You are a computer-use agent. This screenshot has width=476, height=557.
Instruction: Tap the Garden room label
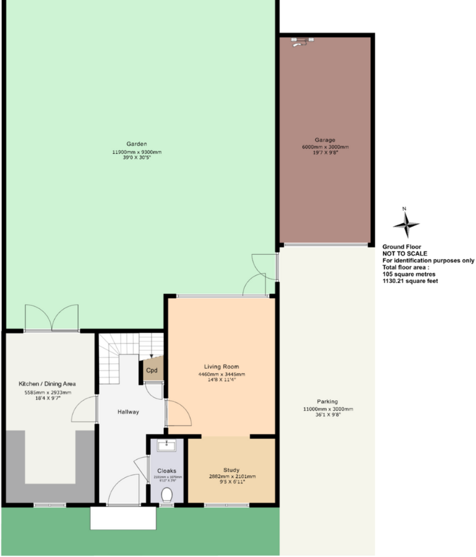[136, 144]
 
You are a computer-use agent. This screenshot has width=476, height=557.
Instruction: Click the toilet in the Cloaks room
[166, 495]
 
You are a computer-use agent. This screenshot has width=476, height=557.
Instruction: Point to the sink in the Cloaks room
[166, 445]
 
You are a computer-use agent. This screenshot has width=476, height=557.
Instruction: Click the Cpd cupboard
[151, 369]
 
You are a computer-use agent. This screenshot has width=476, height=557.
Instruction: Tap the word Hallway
[128, 412]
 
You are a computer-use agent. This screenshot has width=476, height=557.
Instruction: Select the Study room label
[231, 470]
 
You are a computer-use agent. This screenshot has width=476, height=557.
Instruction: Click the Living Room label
[221, 366]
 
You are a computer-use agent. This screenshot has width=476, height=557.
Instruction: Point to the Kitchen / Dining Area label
[47, 384]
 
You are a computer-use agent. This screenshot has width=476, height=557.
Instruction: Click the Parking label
[327, 401]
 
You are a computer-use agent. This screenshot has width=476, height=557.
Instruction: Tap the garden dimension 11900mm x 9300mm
[136, 152]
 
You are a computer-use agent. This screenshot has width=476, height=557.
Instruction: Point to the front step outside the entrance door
[123, 517]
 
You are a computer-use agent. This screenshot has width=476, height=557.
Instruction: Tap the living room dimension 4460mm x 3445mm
[221, 374]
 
